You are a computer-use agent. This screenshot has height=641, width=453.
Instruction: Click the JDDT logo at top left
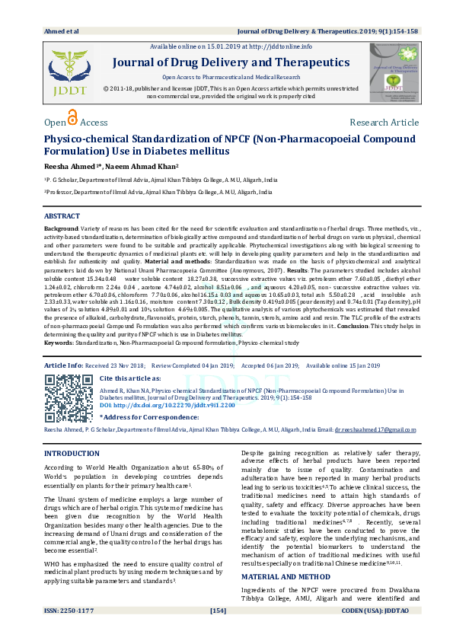point(68,73)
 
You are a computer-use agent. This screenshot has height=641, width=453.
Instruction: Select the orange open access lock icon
point(72,118)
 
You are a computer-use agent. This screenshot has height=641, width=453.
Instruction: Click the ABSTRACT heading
point(62,216)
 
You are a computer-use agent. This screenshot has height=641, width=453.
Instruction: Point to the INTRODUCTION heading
point(72,453)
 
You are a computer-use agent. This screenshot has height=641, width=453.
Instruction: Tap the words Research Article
point(384,123)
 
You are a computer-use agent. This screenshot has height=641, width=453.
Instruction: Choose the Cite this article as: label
point(132,378)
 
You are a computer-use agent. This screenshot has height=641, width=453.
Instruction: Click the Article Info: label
point(64,365)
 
